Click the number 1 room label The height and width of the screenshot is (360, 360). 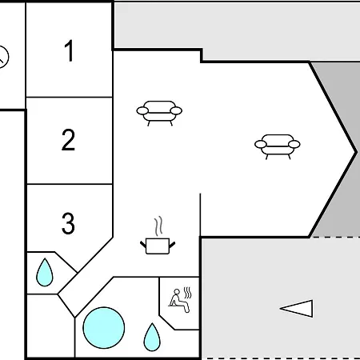point(69,50)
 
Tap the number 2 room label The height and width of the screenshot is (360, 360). point(68,140)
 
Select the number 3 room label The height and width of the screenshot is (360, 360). point(68,223)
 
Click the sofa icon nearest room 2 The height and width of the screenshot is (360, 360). point(159,113)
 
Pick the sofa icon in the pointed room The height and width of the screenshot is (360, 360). point(278,146)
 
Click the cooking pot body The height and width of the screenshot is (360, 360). point(158,246)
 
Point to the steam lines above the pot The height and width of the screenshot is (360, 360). point(158,226)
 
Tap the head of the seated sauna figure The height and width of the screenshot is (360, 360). point(177,292)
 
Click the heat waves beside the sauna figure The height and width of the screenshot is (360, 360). point(188,293)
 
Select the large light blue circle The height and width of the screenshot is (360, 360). point(104,328)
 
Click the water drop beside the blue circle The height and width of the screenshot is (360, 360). point(152,337)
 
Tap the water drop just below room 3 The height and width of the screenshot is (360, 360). point(45,272)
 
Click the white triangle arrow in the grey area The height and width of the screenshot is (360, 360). point(297,309)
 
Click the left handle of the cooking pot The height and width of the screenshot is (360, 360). point(143,244)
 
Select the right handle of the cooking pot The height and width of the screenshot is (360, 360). point(172,244)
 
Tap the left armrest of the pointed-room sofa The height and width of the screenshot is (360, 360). point(261,144)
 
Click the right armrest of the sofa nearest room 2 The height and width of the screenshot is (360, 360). point(176,110)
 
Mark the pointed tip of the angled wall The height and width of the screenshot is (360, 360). point(356,153)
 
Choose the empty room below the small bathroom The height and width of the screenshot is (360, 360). point(50,326)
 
